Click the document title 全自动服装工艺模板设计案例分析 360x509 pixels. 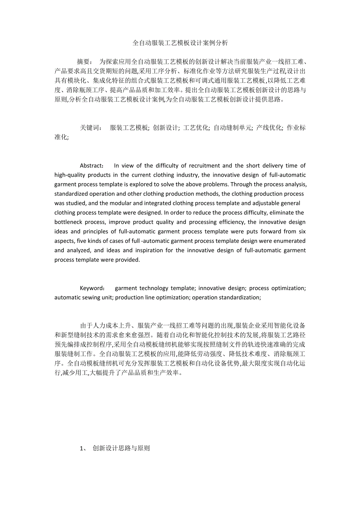point(180,43)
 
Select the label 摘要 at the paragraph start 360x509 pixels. point(84,62)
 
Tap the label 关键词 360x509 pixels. point(91,128)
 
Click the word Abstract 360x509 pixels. point(92,166)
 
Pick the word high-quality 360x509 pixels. point(69,175)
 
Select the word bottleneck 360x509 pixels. point(68,222)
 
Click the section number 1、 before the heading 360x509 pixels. point(84,448)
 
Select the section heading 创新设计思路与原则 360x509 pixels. point(121,448)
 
